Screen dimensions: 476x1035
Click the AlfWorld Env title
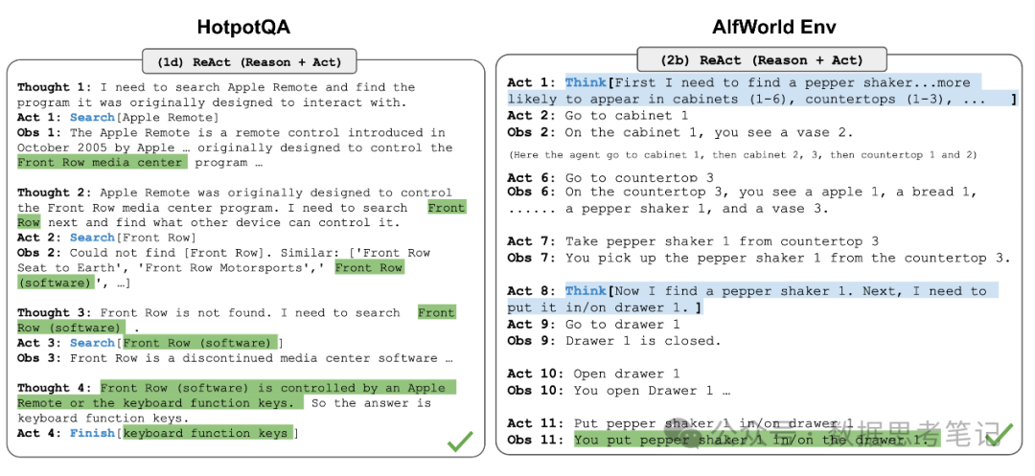pyautogui.click(x=763, y=26)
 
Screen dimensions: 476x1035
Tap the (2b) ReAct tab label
pyautogui.click(x=762, y=60)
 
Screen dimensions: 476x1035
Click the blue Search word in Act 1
pyautogui.click(x=93, y=118)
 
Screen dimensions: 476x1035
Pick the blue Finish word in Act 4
pyautogui.click(x=93, y=434)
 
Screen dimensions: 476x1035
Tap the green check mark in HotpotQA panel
pyautogui.click(x=461, y=442)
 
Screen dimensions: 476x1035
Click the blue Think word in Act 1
pyautogui.click(x=586, y=83)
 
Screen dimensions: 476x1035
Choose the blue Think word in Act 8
pyautogui.click(x=586, y=291)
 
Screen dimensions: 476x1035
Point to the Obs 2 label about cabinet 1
pyautogui.click(x=532, y=132)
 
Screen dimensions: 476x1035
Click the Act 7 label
pyautogui.click(x=532, y=241)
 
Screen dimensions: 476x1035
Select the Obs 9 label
pyautogui.click(x=532, y=340)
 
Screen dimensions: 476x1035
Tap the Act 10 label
pyautogui.click(x=536, y=374)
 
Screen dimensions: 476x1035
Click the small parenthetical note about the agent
pyautogui.click(x=742, y=155)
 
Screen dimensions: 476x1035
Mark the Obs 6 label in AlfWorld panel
pyautogui.click(x=532, y=193)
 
